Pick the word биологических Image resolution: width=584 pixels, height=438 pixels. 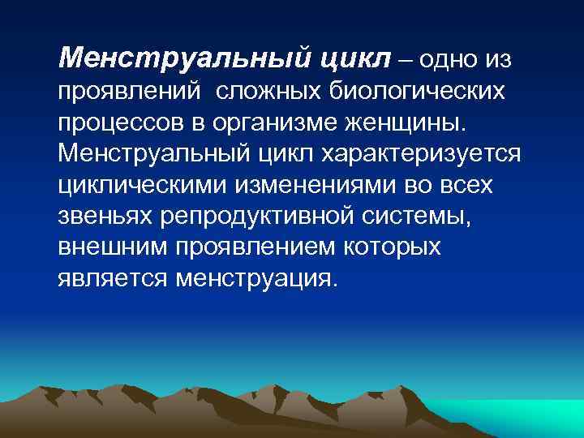tap(417, 92)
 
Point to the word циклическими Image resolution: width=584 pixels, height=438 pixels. tap(143, 185)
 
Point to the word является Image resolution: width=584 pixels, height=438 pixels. tap(110, 278)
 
